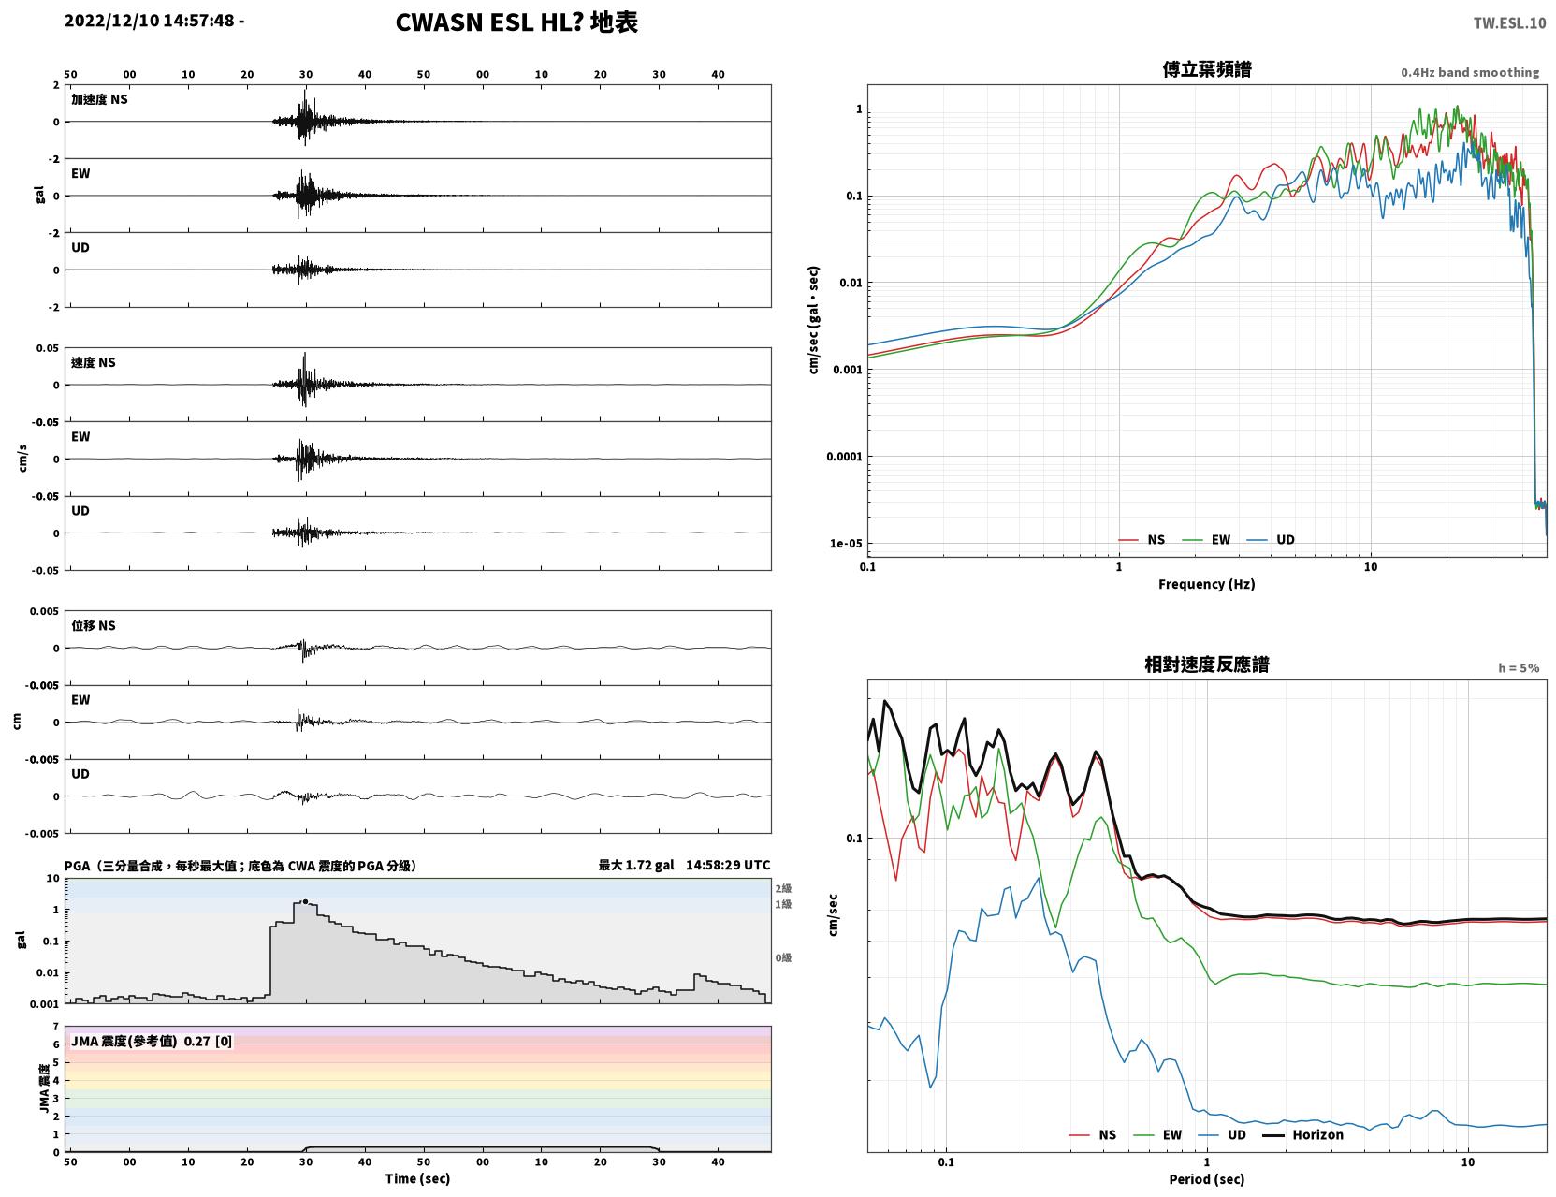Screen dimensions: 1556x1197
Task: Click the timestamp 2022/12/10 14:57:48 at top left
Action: [149, 21]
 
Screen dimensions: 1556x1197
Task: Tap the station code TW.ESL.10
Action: [1509, 23]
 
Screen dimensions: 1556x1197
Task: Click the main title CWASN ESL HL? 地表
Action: [516, 22]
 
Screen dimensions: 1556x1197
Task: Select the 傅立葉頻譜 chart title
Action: [1207, 69]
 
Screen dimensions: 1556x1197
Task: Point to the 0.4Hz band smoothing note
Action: [1469, 72]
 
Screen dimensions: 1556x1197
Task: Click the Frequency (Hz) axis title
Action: [1207, 584]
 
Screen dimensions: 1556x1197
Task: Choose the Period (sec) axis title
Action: [1207, 1179]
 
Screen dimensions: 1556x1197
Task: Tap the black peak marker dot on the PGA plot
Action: [305, 902]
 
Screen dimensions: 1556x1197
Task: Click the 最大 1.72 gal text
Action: [636, 865]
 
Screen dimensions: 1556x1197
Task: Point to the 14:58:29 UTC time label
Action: [728, 865]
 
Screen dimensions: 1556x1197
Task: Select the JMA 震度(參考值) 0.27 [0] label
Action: [151, 1041]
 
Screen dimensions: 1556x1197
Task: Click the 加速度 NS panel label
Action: [99, 99]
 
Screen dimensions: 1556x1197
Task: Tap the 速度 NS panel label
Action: [93, 362]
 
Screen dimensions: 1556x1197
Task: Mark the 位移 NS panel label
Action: [93, 626]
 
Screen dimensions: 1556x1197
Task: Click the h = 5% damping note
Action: [1518, 668]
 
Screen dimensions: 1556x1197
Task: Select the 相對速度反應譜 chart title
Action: [1207, 664]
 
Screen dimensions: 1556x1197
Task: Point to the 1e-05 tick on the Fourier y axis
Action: [846, 544]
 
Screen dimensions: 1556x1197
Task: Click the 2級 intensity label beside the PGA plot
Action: [783, 888]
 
